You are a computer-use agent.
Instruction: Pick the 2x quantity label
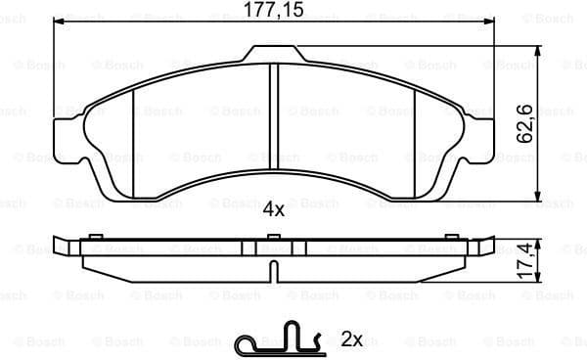[352, 339]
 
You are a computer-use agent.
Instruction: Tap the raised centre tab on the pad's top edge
[273, 53]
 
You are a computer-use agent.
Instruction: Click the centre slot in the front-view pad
[273, 108]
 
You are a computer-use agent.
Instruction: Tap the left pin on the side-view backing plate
[95, 238]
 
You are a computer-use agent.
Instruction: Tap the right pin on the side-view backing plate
[451, 238]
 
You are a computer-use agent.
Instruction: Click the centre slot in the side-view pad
[273, 251]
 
